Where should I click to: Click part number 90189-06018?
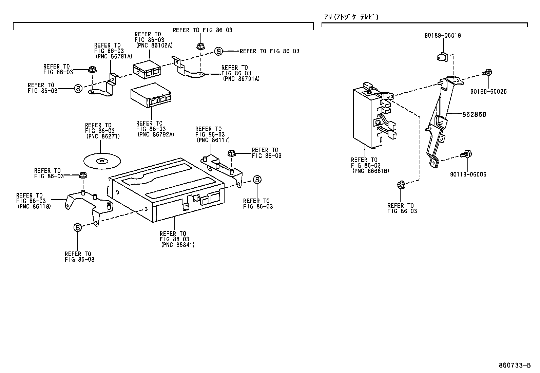pyautogui.click(x=443, y=35)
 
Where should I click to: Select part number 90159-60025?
pyautogui.click(x=488, y=92)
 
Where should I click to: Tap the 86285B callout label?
pyautogui.click(x=474, y=114)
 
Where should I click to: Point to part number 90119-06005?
pyautogui.click(x=468, y=174)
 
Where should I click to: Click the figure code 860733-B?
pyautogui.click(x=515, y=365)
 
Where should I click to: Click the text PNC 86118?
pyautogui.click(x=34, y=206)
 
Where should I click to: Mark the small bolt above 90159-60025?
pyautogui.click(x=487, y=72)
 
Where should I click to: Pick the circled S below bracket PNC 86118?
pyautogui.click(x=77, y=227)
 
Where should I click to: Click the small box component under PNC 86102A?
pyautogui.click(x=147, y=69)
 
